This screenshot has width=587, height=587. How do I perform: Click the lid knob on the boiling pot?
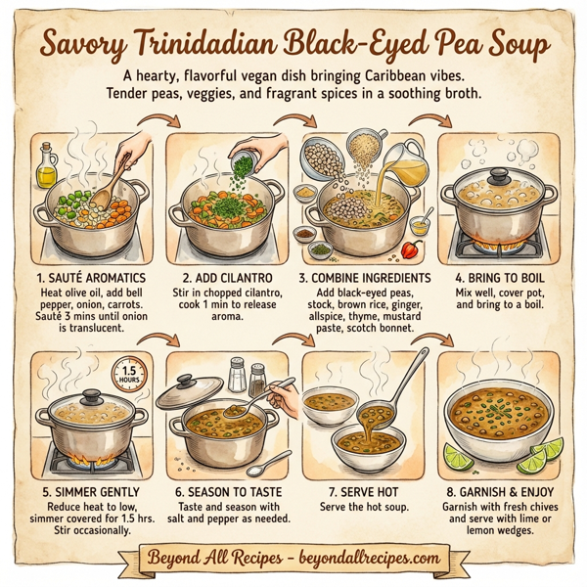pos(496,174)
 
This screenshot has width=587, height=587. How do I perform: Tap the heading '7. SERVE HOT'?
pos(361,490)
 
